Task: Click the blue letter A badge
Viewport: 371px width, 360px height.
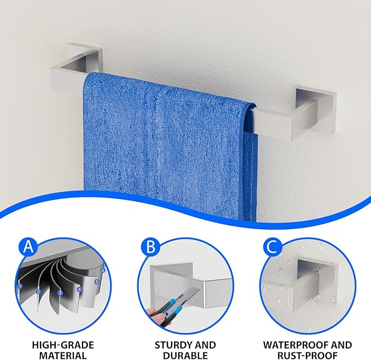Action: pyautogui.click(x=28, y=247)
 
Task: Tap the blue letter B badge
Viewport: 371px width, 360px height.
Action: pyautogui.click(x=151, y=247)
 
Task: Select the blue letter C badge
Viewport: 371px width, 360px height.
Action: pyautogui.click(x=273, y=247)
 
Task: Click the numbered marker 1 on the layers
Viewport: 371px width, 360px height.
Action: pyautogui.click(x=20, y=286)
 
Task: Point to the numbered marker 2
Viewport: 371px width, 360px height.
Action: pyautogui.click(x=39, y=292)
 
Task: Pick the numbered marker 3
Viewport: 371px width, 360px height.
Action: pyautogui.click(x=60, y=293)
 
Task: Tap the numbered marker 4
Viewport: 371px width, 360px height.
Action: pyautogui.click(x=79, y=289)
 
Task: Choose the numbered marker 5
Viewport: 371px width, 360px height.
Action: pyautogui.click(x=97, y=282)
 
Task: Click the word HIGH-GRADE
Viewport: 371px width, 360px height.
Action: pyautogui.click(x=63, y=345)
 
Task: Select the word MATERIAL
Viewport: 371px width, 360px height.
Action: pyautogui.click(x=63, y=356)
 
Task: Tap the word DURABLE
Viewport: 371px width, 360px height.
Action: pyautogui.click(x=185, y=356)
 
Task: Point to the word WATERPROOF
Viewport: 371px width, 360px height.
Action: pyautogui.click(x=297, y=345)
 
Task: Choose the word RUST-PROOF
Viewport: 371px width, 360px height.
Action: pyautogui.click(x=308, y=356)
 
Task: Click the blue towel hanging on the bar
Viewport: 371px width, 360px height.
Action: pyautogui.click(x=170, y=144)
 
